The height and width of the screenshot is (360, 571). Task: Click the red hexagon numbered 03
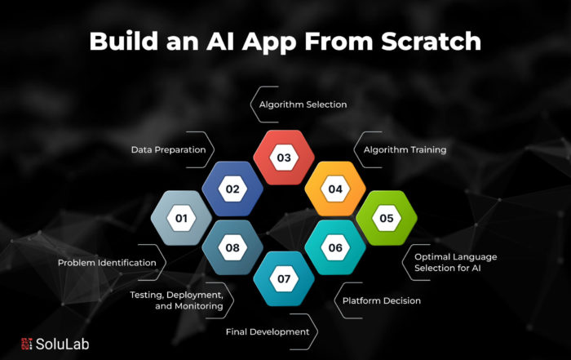[x=284, y=158]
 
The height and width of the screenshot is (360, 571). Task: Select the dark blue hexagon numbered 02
[x=232, y=189]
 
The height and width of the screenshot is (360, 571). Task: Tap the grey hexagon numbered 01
[x=181, y=218]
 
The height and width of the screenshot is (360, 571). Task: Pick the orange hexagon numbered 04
[x=335, y=189]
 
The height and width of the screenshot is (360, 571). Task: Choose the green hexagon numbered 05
[x=387, y=218]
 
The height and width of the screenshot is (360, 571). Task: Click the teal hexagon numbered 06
[x=335, y=247]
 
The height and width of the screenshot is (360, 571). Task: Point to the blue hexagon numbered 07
[x=284, y=278]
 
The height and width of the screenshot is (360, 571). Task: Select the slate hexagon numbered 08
[x=232, y=247]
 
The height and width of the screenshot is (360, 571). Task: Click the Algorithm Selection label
[x=303, y=104]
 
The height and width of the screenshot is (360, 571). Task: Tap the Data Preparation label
[x=168, y=149]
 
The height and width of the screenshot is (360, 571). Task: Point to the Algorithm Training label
[x=405, y=149]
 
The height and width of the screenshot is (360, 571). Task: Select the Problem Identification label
[x=107, y=262]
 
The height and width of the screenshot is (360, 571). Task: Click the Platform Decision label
[x=382, y=300]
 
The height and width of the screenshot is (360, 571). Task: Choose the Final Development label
[x=268, y=332]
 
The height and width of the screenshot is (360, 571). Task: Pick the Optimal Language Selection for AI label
[x=455, y=262]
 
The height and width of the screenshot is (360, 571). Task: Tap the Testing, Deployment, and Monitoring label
[x=177, y=300]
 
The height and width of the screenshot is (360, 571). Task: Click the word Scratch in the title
[x=432, y=41]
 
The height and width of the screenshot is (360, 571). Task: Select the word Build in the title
[x=123, y=41]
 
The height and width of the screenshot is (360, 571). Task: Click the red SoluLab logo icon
[x=27, y=344]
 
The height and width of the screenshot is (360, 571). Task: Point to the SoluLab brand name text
[x=62, y=344]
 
